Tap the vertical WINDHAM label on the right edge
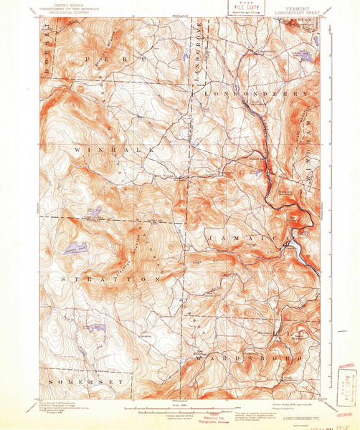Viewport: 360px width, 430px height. tap(311, 122)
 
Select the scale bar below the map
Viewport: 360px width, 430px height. tap(180, 411)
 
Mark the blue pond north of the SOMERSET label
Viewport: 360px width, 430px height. tap(96, 327)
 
